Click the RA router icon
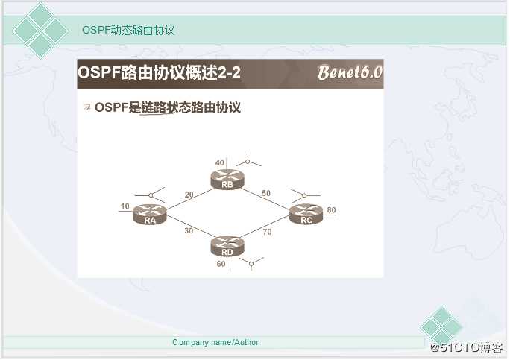pyautogui.click(x=150, y=215)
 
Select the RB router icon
pyautogui.click(x=227, y=180)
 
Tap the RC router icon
pyautogui.click(x=306, y=215)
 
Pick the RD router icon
pyautogui.click(x=227, y=247)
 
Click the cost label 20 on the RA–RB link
pyautogui.click(x=189, y=195)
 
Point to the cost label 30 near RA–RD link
pyautogui.click(x=189, y=230)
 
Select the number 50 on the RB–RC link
pyautogui.click(x=266, y=193)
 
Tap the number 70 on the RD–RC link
pyautogui.click(x=267, y=232)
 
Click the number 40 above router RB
pyautogui.click(x=219, y=162)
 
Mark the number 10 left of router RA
pyautogui.click(x=125, y=206)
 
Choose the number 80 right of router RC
pyautogui.click(x=331, y=210)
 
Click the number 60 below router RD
pyautogui.click(x=221, y=264)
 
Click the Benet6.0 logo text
pyautogui.click(x=350, y=72)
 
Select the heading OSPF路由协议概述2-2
pyautogui.click(x=159, y=72)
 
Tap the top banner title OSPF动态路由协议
pyautogui.click(x=128, y=30)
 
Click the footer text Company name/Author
pyautogui.click(x=215, y=342)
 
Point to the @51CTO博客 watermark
pyautogui.click(x=467, y=347)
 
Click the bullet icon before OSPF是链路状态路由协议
pyautogui.click(x=86, y=107)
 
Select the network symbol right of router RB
pyautogui.click(x=248, y=161)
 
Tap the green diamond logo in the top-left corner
pyautogui.click(x=40, y=31)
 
